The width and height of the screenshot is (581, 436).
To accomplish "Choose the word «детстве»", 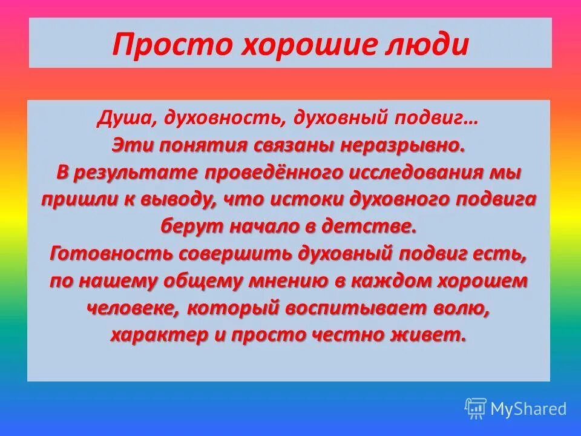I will coord(382,226).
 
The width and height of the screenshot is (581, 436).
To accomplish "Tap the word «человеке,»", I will coord(133,308).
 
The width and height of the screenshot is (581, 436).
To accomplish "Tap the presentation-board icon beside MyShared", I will coord(475,409).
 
